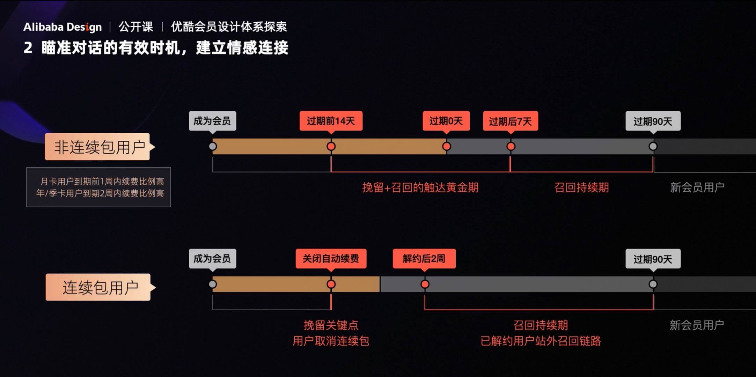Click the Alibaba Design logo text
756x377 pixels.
tap(63, 27)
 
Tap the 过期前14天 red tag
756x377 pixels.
tap(331, 121)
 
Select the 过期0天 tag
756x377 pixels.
tap(446, 121)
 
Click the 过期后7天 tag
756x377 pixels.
tap(510, 121)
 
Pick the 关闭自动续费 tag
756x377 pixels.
tap(331, 259)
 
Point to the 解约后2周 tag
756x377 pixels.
tap(424, 259)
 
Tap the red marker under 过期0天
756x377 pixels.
tap(446, 146)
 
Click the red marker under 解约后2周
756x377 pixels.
tap(425, 284)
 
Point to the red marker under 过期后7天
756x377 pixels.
tap(511, 146)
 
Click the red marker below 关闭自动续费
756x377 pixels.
tap(331, 284)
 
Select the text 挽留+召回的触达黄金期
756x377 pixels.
tap(420, 187)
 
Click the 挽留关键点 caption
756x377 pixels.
tap(331, 325)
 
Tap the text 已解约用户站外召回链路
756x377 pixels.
tap(541, 341)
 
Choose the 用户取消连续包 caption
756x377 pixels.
tap(331, 341)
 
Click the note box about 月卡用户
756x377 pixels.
tap(98, 187)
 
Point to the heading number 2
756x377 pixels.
tap(28, 48)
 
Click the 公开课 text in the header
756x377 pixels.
tap(136, 27)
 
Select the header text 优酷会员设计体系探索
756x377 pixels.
tap(229, 27)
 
